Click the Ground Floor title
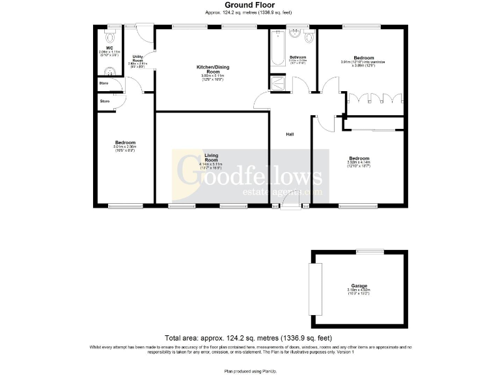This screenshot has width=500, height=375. click(x=249, y=5)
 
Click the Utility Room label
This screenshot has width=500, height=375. click(x=137, y=61)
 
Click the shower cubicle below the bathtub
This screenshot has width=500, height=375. click(x=277, y=82)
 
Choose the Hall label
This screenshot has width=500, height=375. click(x=290, y=134)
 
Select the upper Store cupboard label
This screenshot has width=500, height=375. click(x=104, y=83)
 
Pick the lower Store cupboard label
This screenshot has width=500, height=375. click(x=104, y=101)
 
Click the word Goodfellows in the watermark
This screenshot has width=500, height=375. click(x=249, y=176)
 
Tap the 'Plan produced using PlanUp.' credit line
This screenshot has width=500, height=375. click(x=249, y=370)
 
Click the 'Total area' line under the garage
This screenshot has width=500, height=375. click(x=249, y=338)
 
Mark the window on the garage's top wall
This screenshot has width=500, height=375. click(x=368, y=251)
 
